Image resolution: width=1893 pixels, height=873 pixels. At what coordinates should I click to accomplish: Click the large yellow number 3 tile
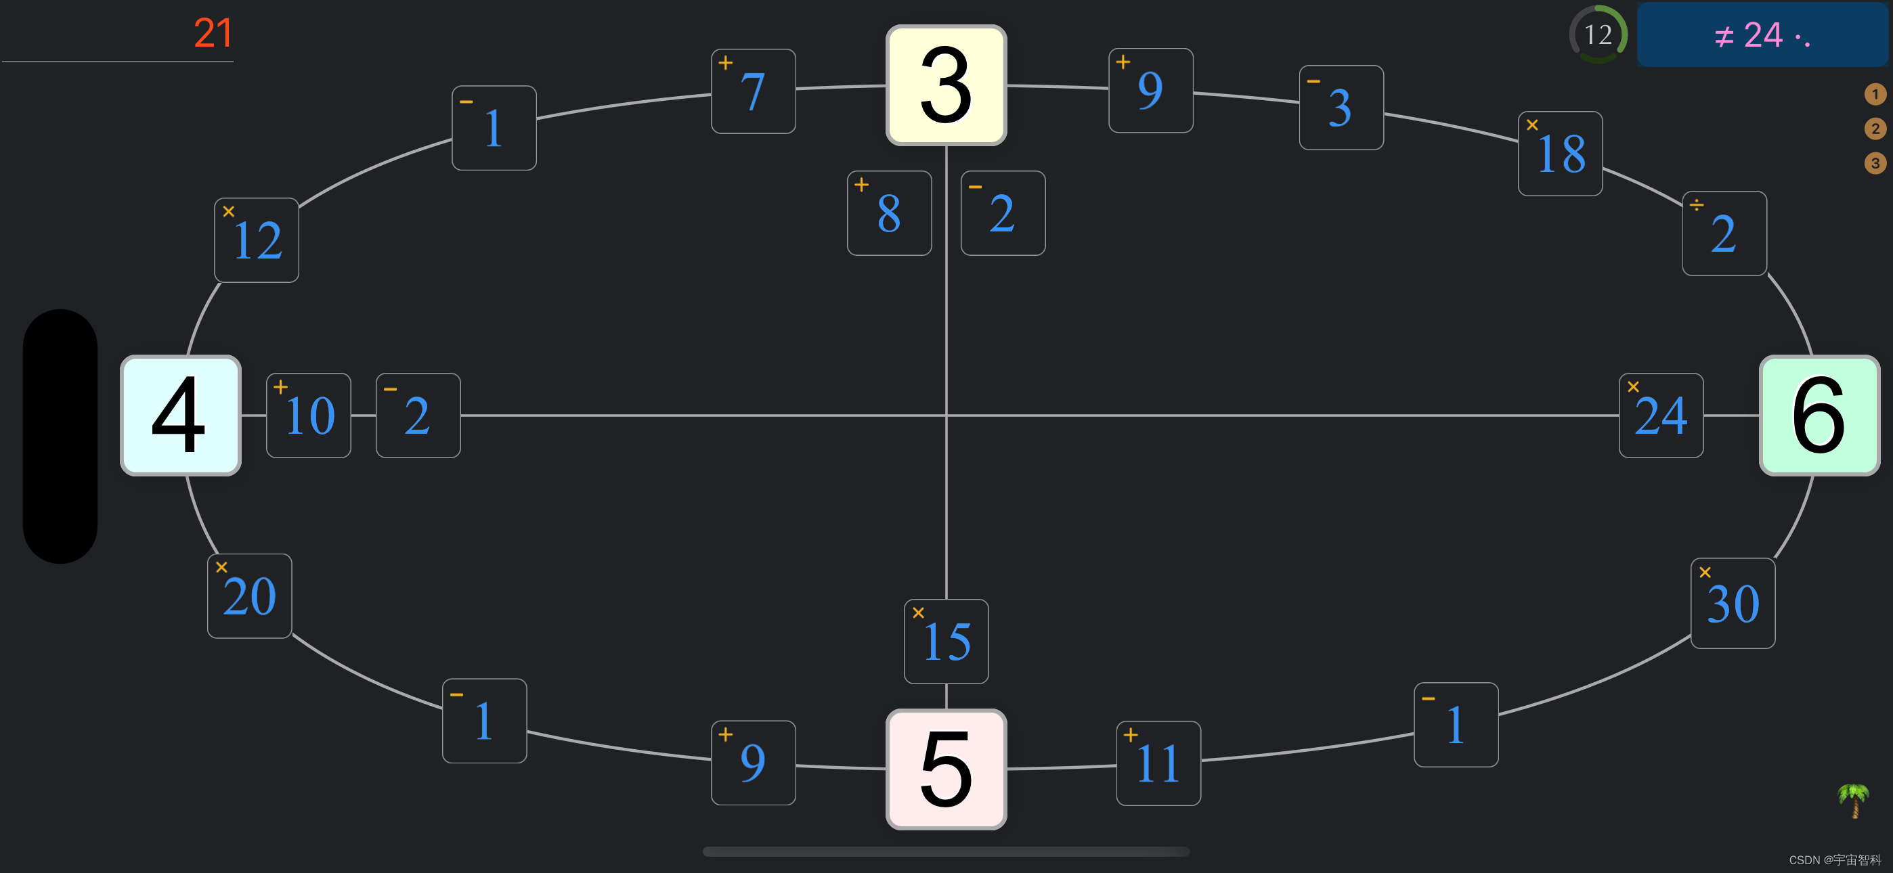pyautogui.click(x=946, y=85)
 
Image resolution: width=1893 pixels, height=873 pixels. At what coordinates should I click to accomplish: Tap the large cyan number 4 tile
pyautogui.click(x=181, y=416)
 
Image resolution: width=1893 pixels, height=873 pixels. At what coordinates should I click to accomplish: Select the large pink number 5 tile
pyautogui.click(x=946, y=769)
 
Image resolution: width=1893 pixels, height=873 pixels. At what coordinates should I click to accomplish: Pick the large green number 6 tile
pyautogui.click(x=1819, y=416)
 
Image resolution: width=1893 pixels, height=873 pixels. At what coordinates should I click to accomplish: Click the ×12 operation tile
pyautogui.click(x=257, y=240)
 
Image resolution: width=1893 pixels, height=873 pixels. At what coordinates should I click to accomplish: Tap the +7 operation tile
pyautogui.click(x=754, y=91)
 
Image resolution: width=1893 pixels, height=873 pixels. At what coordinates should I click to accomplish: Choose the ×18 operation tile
pyautogui.click(x=1560, y=154)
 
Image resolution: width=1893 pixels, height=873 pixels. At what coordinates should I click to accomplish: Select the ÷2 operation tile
pyautogui.click(x=1724, y=233)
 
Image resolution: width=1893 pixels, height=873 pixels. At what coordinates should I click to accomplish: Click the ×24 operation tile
pyautogui.click(x=1661, y=416)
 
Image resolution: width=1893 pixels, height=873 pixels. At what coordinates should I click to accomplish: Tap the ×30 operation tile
pyautogui.click(x=1732, y=603)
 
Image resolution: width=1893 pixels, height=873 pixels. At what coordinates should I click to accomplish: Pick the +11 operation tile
pyautogui.click(x=1158, y=763)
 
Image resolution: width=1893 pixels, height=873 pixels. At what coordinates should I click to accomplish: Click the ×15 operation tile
pyautogui.click(x=946, y=642)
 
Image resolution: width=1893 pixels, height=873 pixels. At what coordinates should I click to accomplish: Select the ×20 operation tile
pyautogui.click(x=250, y=596)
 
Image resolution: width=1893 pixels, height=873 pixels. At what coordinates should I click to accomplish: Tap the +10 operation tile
pyautogui.click(x=309, y=416)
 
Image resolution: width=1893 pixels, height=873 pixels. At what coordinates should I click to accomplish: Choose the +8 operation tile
pyautogui.click(x=889, y=213)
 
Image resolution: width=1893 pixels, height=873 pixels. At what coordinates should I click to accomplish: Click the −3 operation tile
pyautogui.click(x=1341, y=108)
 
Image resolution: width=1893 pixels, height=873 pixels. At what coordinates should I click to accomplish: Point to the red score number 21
pyautogui.click(x=213, y=34)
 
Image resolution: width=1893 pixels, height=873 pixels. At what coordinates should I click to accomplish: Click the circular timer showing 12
pyautogui.click(x=1598, y=35)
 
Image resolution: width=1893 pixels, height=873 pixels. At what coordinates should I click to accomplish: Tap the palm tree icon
pyautogui.click(x=1853, y=800)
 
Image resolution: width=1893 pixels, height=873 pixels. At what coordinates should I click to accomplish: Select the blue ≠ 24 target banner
pyautogui.click(x=1762, y=35)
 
